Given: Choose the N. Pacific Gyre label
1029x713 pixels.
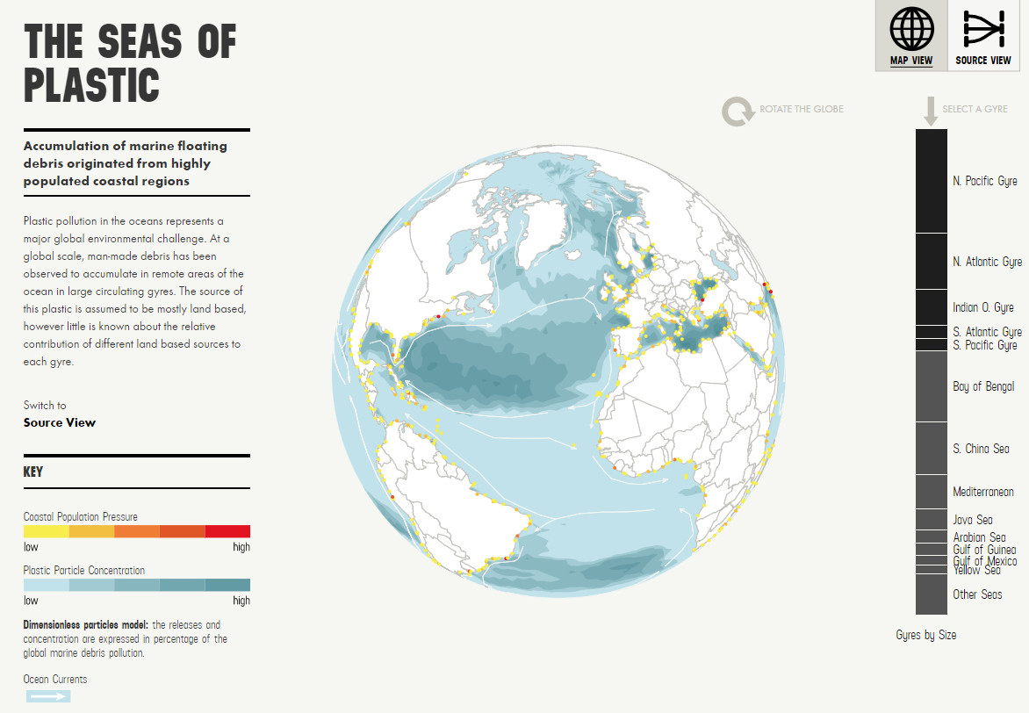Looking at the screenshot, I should [984, 181].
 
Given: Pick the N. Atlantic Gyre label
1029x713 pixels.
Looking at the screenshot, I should [987, 262].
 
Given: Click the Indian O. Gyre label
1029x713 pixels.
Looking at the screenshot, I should [982, 307].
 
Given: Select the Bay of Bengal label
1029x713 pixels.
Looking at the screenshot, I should [982, 386].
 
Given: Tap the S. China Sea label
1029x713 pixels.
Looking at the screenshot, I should [981, 449].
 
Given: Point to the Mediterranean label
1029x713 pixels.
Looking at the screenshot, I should [982, 492].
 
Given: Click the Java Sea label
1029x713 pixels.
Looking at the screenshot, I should [972, 520].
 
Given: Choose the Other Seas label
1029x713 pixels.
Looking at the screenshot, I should [977, 594].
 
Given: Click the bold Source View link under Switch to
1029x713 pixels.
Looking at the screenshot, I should [60, 422].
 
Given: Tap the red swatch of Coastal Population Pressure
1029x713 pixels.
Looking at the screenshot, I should [227, 531].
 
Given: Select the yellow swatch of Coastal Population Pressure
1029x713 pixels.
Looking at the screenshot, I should [46, 531].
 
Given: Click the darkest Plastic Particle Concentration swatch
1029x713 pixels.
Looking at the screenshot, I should [227, 585].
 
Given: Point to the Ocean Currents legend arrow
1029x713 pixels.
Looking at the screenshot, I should [47, 696].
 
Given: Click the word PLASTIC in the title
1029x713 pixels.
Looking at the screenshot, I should [92, 85].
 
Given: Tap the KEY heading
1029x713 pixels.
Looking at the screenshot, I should [33, 472].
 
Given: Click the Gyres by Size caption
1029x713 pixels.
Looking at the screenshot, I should [925, 635].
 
